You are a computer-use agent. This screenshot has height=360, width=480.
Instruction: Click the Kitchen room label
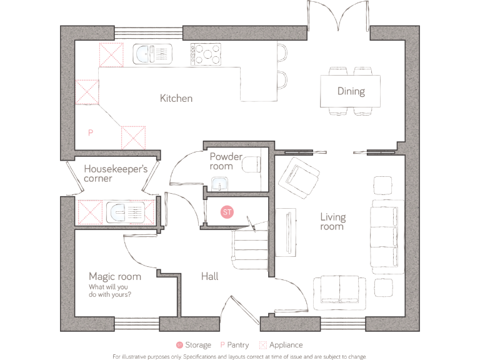176,98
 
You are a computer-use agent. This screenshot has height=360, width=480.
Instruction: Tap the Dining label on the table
351,91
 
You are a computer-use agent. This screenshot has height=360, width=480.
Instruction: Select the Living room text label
332,222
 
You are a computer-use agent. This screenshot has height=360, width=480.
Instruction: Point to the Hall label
209,276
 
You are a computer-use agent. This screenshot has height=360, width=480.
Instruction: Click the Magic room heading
114,276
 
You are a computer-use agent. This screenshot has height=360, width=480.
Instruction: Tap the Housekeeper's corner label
116,173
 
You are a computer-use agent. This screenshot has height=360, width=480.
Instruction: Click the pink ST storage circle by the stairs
227,212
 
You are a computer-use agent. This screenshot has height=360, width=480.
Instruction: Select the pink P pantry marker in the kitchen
90,133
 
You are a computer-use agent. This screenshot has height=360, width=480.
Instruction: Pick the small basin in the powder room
219,184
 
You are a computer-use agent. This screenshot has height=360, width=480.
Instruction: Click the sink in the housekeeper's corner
125,212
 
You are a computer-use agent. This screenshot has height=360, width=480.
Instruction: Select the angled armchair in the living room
299,174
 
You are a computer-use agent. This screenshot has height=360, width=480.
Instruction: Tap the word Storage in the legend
197,345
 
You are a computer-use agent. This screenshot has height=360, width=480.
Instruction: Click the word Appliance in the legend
286,345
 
